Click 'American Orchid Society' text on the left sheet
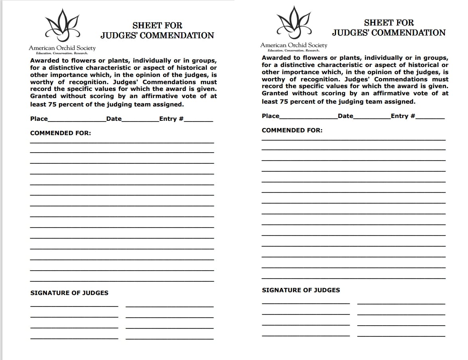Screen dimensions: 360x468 pos(62,48)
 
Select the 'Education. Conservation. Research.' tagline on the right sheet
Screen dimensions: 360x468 pos(293,51)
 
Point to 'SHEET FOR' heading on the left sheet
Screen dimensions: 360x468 pos(157,26)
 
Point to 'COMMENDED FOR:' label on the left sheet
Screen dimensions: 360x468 pos(61,133)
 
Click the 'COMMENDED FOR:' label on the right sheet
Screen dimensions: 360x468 pos(292,130)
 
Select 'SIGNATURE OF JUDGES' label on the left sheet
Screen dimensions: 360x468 pos(69,293)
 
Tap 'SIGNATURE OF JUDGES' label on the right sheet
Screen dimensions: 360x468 pos(301,290)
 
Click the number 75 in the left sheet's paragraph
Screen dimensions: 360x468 pos(52,104)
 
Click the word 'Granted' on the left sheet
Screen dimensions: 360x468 pos(43,96)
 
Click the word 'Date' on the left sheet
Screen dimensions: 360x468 pos(114,119)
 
